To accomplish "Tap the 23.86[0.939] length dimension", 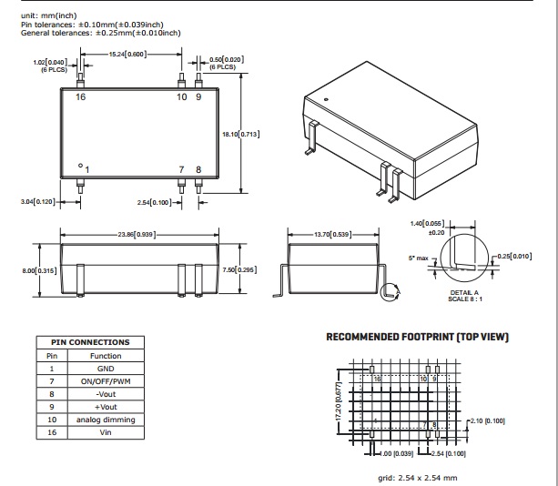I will pyautogui.click(x=137, y=234).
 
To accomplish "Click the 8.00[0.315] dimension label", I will pyautogui.click(x=38, y=270).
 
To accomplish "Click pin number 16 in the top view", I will pyautogui.click(x=81, y=96).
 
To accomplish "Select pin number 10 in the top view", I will pyautogui.click(x=181, y=96).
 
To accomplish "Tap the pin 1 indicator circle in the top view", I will pyautogui.click(x=81, y=166).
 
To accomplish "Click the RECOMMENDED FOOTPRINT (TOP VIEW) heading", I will pyautogui.click(x=418, y=338).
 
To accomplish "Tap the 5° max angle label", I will pyautogui.click(x=418, y=258).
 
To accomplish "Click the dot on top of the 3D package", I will pyautogui.click(x=326, y=96).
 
